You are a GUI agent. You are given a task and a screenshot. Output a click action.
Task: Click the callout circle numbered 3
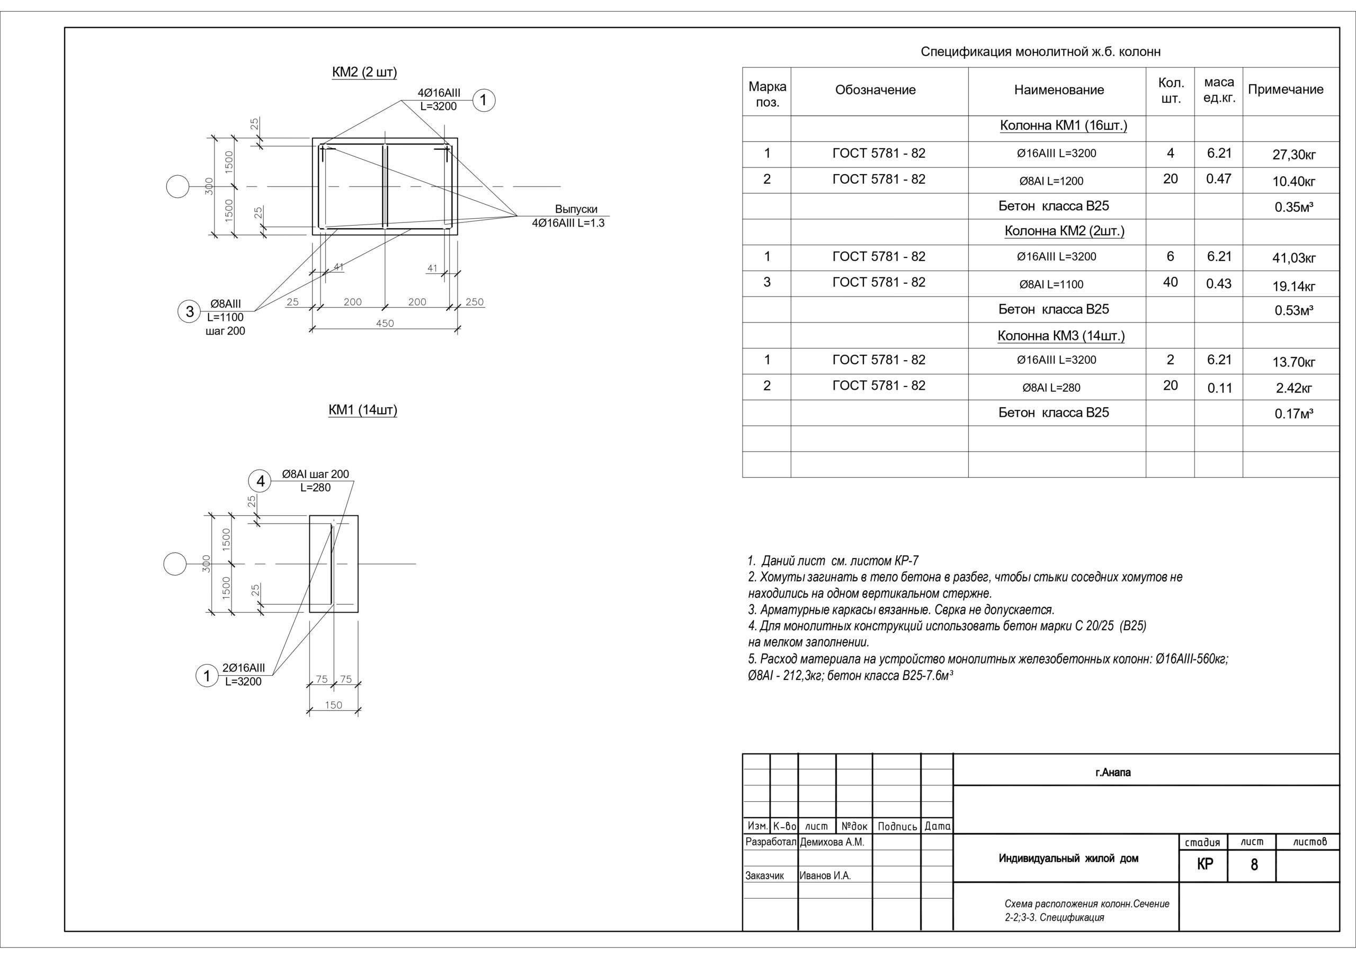coord(190,311)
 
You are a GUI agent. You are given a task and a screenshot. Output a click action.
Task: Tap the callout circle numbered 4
coord(261,481)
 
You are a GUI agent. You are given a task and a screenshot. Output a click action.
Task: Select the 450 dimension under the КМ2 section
coord(385,324)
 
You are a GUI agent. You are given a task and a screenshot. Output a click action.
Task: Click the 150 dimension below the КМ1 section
coord(334,705)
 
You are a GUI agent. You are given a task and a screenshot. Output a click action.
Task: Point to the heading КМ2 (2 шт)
coord(364,73)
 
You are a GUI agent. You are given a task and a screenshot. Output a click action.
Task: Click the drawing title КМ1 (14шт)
coord(363,410)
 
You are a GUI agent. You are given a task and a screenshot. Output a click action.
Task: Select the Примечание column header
coord(1286,90)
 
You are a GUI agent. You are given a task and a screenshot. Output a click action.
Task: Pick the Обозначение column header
coord(875,90)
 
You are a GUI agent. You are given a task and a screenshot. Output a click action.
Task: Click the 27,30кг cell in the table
coord(1294,155)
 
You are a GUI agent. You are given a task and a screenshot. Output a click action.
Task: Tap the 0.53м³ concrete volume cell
coord(1294,310)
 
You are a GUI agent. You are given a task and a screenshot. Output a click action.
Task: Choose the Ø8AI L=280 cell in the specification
coord(1051,388)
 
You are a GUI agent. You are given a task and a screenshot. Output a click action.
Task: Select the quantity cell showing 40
coord(1171,282)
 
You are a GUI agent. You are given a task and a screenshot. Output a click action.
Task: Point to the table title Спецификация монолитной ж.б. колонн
coord(1041,52)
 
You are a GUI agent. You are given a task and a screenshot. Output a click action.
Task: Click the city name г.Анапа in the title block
coord(1113,773)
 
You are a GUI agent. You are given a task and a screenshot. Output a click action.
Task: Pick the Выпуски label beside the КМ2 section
coord(576,209)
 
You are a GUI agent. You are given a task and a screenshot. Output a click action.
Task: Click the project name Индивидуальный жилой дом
coord(1069,858)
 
